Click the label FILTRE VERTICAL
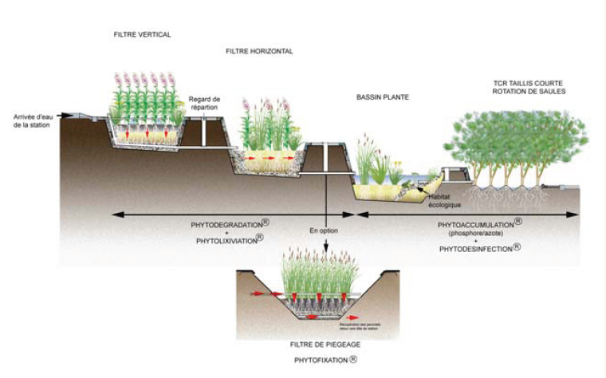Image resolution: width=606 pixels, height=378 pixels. (143, 34)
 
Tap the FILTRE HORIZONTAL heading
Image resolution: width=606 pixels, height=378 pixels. (258, 51)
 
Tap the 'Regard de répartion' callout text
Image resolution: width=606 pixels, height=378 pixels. (203, 103)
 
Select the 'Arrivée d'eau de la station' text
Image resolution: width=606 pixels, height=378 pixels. (32, 121)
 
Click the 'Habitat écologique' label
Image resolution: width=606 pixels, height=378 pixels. (444, 201)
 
